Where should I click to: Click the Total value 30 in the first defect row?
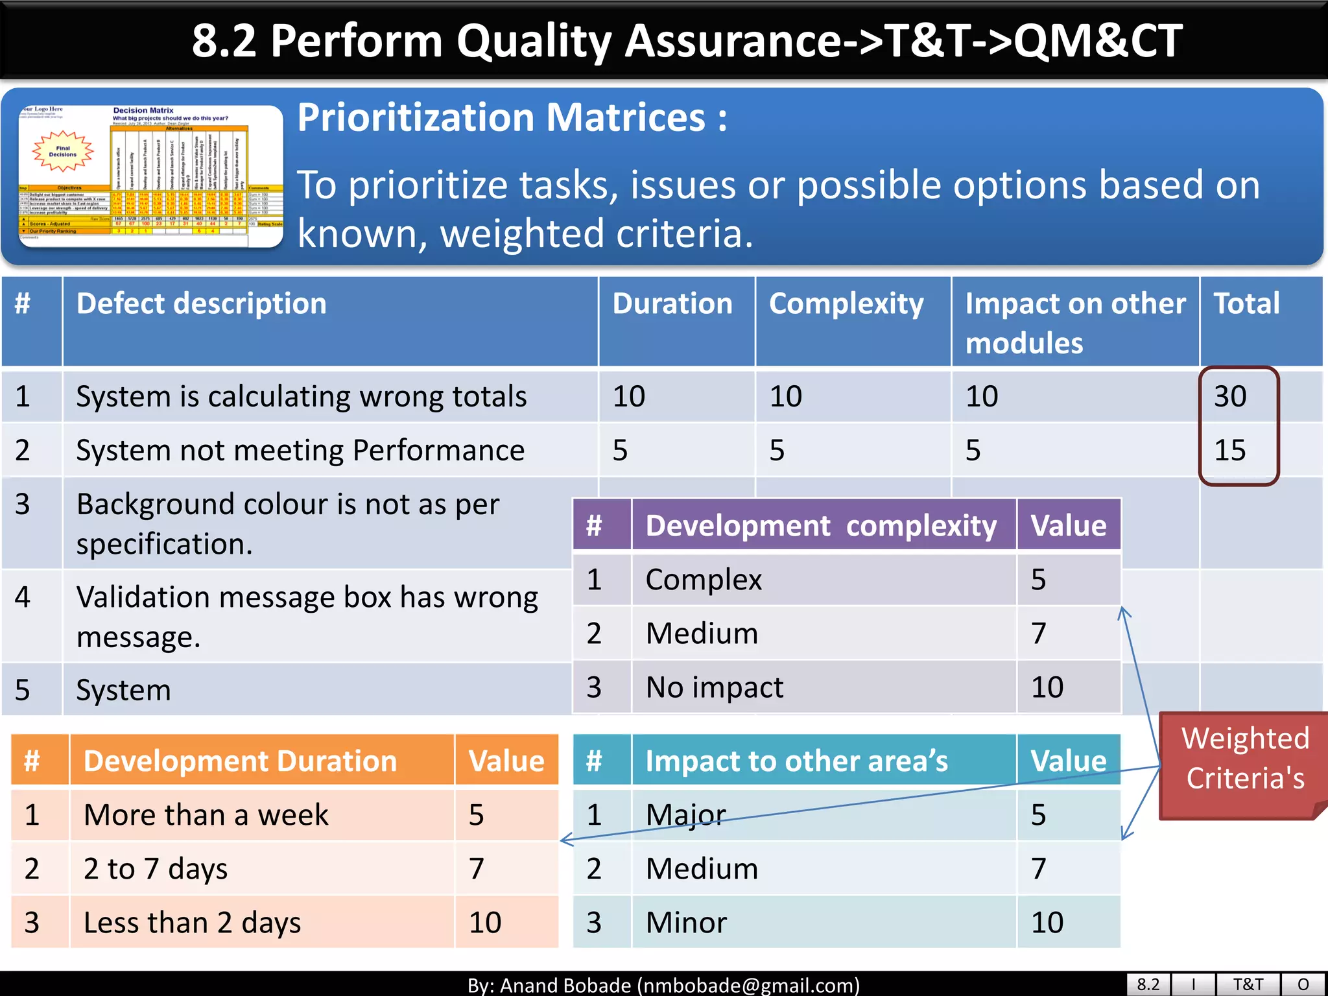click(x=1230, y=396)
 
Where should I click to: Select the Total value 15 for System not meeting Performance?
click(x=1230, y=450)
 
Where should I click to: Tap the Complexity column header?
click(x=846, y=304)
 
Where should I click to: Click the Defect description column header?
click(x=202, y=304)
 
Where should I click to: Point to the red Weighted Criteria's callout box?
click(x=1244, y=759)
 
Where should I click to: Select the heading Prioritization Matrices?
click(x=512, y=118)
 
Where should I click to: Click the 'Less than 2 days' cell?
click(x=193, y=922)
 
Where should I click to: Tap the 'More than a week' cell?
click(x=206, y=814)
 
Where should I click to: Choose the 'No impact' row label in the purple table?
click(x=715, y=687)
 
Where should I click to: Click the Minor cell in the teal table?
click(x=687, y=922)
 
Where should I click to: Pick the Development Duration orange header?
click(x=240, y=761)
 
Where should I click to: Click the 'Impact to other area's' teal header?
click(x=797, y=761)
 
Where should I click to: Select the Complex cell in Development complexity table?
click(x=704, y=579)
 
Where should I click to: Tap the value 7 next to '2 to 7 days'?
click(x=477, y=868)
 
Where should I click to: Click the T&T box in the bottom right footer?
click(x=1248, y=984)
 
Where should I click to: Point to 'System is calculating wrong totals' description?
click(x=302, y=396)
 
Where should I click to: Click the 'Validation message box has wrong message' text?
click(x=307, y=616)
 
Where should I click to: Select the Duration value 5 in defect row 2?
click(x=621, y=450)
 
